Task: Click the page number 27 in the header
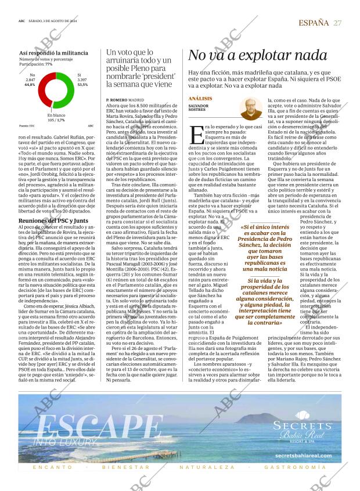tap(337, 22)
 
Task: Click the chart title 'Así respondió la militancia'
tap(53, 52)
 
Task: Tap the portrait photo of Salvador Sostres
tap(250, 109)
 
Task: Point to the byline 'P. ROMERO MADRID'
tap(125, 100)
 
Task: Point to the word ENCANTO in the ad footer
tap(53, 467)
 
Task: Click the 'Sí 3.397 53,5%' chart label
tap(82, 80)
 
